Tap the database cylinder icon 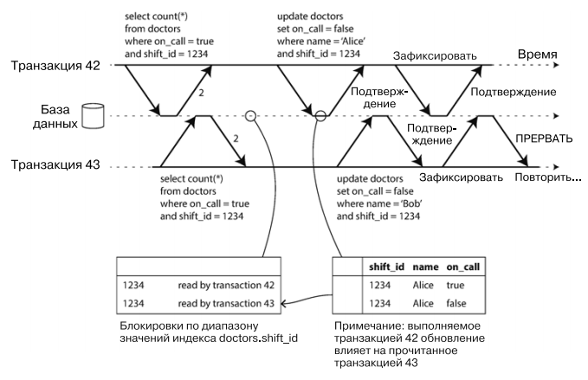(92, 116)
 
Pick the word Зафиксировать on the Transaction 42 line (436, 55)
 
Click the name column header (426, 267)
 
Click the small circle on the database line (249, 115)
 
